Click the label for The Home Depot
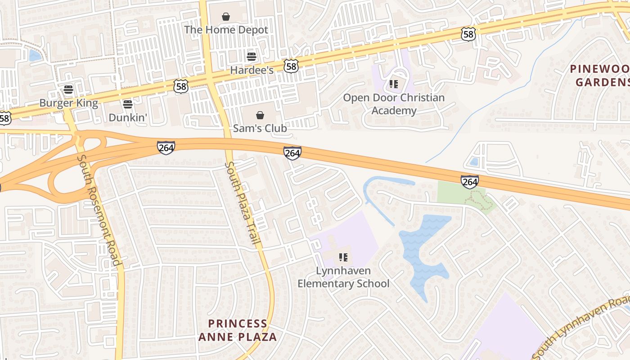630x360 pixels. point(226,30)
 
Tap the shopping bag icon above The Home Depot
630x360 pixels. point(226,17)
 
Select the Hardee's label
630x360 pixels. point(252,70)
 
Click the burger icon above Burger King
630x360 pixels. point(68,90)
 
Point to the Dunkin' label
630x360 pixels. point(128,117)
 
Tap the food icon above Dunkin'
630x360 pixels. point(128,104)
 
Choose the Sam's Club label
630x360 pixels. point(260,128)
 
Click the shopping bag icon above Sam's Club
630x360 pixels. point(260,115)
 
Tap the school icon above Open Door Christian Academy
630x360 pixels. point(394,84)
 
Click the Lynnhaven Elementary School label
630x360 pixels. point(343,277)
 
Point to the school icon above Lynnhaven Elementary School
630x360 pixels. point(343,257)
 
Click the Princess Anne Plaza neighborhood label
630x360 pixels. point(238,330)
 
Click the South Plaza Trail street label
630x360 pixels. point(243,203)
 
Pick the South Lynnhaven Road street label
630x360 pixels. point(580,328)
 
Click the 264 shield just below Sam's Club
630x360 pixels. point(292,153)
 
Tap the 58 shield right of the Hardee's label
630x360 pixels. point(291,67)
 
